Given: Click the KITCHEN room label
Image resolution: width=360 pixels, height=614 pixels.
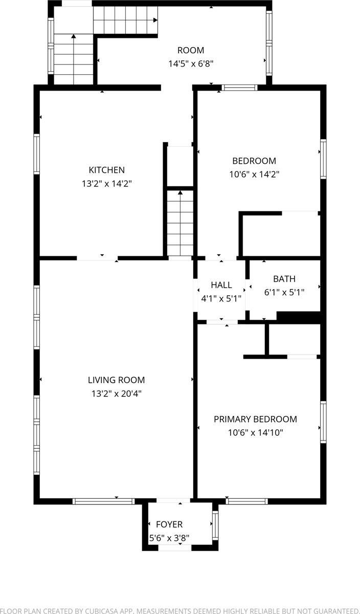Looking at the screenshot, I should (106, 170).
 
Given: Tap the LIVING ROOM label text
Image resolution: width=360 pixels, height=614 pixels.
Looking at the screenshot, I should (116, 380).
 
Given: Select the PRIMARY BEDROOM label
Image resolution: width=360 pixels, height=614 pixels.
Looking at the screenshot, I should (255, 419).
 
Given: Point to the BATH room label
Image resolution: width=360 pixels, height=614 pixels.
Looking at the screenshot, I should (284, 279).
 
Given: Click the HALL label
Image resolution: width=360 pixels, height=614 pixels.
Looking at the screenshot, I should (221, 285).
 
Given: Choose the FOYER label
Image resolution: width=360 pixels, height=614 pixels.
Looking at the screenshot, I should (169, 524).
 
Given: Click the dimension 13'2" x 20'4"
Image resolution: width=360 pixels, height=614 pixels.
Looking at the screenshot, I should (116, 393).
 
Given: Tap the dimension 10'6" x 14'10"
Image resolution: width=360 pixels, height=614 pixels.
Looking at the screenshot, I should (255, 433).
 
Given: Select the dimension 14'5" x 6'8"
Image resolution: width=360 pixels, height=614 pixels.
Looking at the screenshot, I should (191, 64).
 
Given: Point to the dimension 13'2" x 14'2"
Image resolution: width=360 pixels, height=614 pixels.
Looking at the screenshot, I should (106, 184).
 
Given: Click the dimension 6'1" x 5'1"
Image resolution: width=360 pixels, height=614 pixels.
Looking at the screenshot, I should (284, 293).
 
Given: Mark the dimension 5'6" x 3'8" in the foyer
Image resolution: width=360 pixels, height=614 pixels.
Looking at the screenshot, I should (169, 538).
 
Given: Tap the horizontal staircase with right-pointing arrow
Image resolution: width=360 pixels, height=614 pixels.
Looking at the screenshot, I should (125, 21).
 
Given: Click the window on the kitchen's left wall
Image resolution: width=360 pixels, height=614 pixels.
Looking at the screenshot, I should (37, 153).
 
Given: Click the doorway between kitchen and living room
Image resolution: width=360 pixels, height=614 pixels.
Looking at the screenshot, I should (97, 258).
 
